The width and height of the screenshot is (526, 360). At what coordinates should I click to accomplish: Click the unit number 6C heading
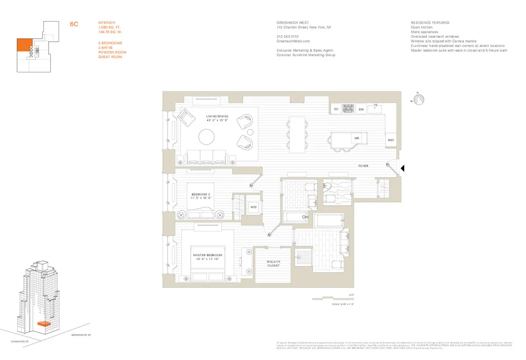click(x=74, y=25)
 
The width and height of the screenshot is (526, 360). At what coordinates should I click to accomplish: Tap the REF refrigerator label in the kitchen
click(x=391, y=140)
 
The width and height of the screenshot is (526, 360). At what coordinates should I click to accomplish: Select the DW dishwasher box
click(x=361, y=109)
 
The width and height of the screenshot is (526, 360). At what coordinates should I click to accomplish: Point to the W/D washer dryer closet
click(x=253, y=207)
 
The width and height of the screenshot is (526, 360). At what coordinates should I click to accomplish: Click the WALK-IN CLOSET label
click(x=273, y=264)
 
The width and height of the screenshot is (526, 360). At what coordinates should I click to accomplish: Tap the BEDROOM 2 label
click(x=201, y=196)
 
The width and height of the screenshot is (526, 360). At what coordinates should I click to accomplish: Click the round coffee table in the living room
click(x=207, y=137)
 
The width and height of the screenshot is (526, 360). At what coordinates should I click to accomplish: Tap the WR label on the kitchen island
click(x=356, y=138)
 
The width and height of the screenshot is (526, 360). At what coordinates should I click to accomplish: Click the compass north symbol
click(x=419, y=100)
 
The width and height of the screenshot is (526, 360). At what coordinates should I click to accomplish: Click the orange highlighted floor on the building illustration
click(x=43, y=324)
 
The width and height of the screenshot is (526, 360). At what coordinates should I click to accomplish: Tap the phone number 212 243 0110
click(x=288, y=36)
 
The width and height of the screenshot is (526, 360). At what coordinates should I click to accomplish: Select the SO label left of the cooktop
click(x=336, y=109)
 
